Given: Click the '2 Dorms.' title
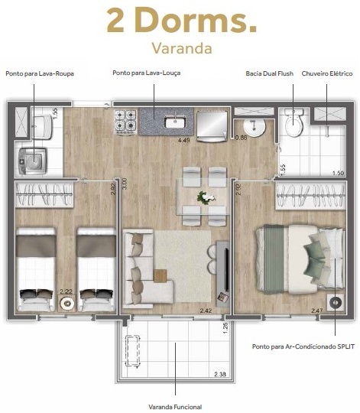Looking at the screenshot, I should [180, 21].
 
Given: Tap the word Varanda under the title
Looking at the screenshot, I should [180, 48].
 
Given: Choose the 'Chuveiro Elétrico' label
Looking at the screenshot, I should [326, 73].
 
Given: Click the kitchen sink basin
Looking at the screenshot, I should [174, 121].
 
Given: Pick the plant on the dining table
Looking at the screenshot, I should [204, 197].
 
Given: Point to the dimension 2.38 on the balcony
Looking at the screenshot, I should [219, 374].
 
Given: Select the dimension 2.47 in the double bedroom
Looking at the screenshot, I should [318, 310].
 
